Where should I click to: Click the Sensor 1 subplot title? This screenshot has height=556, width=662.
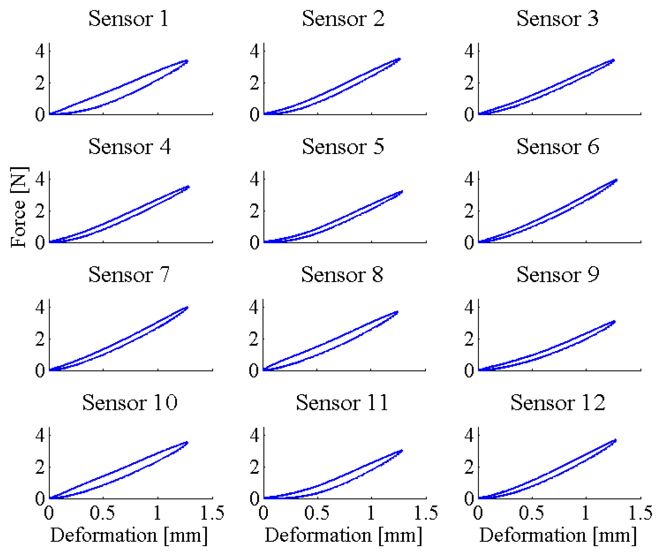tap(129, 19)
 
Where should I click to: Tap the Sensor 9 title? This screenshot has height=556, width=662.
tap(558, 275)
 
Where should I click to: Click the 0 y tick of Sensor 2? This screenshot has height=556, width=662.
tap(255, 114)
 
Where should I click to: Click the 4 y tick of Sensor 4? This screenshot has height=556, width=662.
tap(40, 179)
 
